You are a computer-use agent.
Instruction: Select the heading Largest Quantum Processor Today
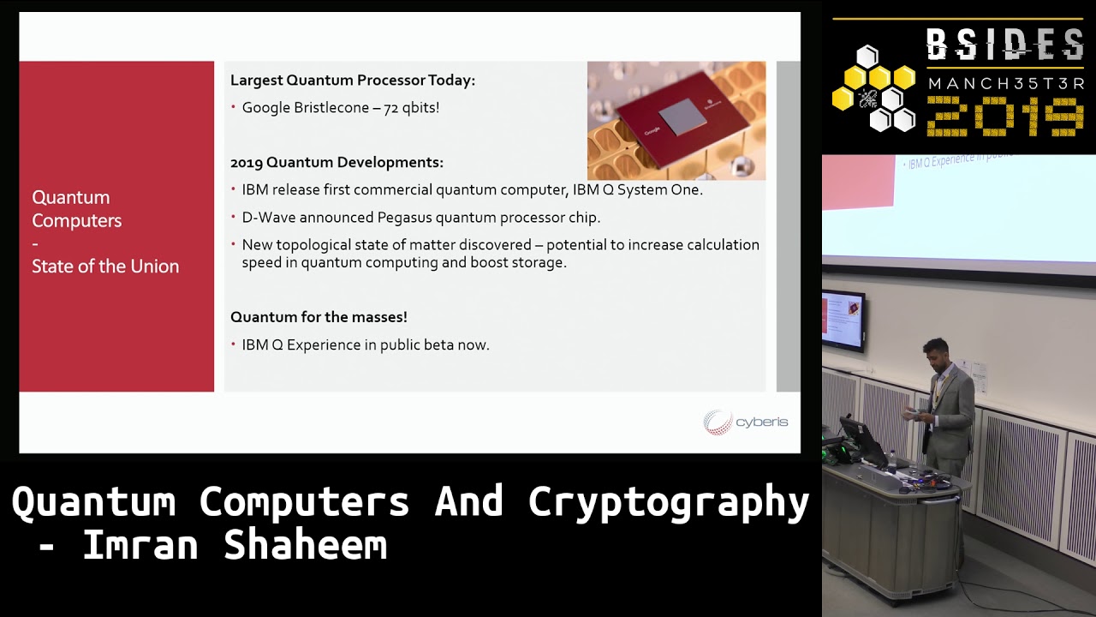(x=352, y=81)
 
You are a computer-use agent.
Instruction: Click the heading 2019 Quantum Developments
(x=337, y=162)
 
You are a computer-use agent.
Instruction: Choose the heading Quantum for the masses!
(x=319, y=317)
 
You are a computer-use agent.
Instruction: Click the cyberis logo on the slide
(x=746, y=422)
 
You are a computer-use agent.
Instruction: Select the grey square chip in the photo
(x=682, y=117)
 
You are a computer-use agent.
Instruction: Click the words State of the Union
(x=105, y=267)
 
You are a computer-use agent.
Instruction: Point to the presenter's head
(x=934, y=352)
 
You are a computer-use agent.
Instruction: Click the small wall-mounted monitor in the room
(x=843, y=320)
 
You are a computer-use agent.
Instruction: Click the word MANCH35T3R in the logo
(x=1006, y=84)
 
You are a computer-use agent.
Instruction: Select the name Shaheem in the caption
(x=306, y=545)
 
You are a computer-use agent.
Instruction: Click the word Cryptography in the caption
(x=668, y=502)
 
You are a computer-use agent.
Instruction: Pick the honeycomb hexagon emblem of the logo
(x=874, y=89)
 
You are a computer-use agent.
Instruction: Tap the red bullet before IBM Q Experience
(x=234, y=344)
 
